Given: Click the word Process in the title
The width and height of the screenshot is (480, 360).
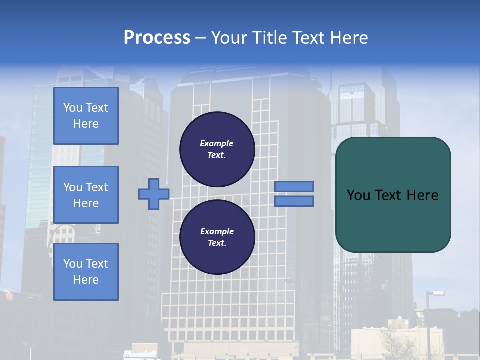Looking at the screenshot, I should [157, 38].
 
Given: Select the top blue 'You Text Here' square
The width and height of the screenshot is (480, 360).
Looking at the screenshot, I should [86, 116].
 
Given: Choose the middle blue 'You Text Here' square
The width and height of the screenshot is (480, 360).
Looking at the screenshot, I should [86, 195].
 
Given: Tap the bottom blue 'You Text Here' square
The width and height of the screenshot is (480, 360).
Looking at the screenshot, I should [86, 272].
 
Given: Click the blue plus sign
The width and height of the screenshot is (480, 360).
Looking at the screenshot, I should [153, 194].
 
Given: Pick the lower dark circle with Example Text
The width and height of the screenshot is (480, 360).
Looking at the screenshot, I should [217, 237].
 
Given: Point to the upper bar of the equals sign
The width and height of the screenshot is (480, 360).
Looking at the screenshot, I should [294, 186].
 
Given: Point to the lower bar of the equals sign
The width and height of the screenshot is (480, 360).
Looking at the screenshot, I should [294, 201].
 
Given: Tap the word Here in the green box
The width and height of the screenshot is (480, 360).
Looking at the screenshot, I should [422, 195].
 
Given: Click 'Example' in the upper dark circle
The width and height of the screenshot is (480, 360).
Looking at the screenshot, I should [217, 143].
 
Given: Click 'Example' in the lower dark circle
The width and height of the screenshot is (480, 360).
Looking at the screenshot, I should [217, 231].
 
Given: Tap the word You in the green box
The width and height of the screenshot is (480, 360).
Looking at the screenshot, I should [359, 195].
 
